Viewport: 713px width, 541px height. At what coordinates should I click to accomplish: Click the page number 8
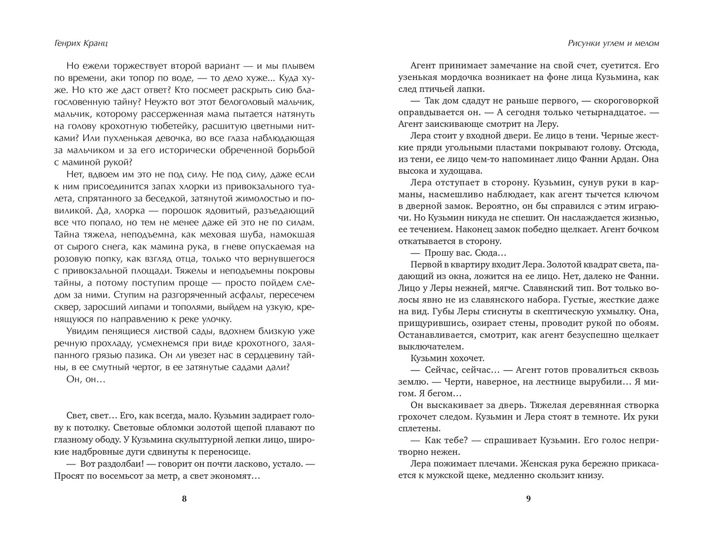point(185,499)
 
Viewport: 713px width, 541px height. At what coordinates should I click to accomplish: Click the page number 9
point(528,499)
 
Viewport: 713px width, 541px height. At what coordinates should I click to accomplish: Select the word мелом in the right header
point(645,43)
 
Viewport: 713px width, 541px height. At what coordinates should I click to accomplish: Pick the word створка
point(639,405)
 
